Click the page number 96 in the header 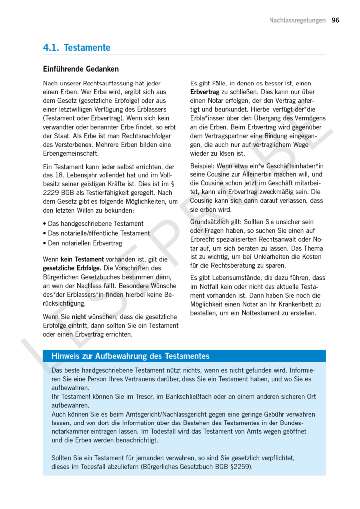(335, 20)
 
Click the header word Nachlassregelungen (297, 20)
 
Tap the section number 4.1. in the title (51, 48)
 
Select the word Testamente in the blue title (87, 48)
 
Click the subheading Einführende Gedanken (81, 69)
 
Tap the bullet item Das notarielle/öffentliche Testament (98, 233)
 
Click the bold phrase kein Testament (82, 259)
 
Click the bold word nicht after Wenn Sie (79, 316)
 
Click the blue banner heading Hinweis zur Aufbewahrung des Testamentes (130, 356)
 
